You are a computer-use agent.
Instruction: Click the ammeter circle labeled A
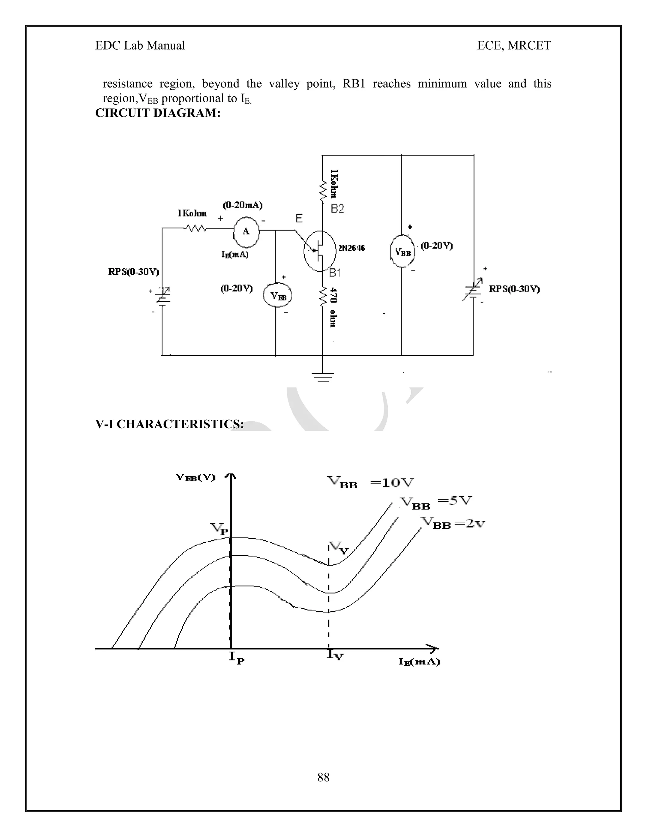246,231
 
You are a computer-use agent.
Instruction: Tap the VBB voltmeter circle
402,251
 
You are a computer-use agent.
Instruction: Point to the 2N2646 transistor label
351,248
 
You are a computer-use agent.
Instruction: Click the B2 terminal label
337,208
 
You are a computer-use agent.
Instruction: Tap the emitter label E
299,219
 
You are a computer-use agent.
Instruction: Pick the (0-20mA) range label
243,205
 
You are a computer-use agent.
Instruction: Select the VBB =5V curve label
435,503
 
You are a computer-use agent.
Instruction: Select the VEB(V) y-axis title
196,478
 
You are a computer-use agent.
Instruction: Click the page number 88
323,777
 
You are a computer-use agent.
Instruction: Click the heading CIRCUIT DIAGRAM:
158,113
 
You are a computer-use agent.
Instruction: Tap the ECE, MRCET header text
514,45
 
